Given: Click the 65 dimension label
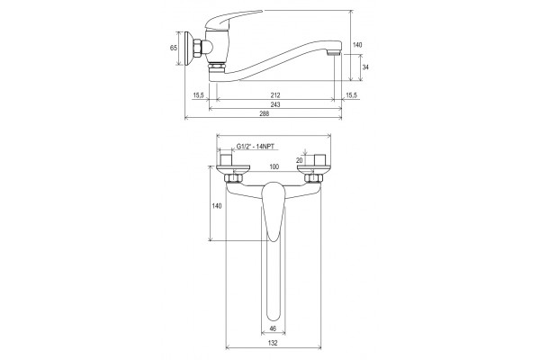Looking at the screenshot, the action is [174, 48].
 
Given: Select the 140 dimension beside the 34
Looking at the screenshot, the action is [358, 45].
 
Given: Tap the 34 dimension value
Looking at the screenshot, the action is [365, 67].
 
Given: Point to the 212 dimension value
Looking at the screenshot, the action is [275, 95].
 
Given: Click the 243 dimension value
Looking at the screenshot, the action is [275, 104].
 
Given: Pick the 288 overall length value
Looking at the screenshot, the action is [264, 113].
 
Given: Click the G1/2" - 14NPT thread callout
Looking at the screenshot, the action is [256, 147].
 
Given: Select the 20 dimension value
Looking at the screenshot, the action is [300, 160].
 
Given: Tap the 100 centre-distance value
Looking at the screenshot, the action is [274, 167].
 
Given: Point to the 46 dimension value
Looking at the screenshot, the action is [273, 328].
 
